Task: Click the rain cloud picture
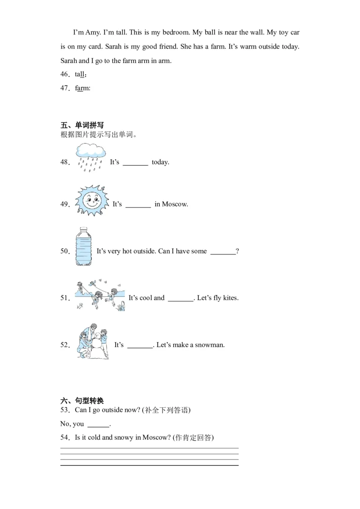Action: coord(90,158)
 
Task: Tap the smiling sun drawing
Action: coord(92,201)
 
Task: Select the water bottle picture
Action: coord(84,246)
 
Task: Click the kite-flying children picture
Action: coord(100,295)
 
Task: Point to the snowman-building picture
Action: coord(93,341)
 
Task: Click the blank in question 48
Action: coord(135,165)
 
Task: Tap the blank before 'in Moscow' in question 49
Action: coord(138,207)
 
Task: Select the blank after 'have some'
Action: coord(223,254)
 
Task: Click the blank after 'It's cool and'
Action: coord(180,301)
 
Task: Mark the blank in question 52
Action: coord(140,348)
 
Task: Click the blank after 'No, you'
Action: coord(99,427)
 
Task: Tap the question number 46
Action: coord(64,74)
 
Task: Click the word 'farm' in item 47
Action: coord(82,88)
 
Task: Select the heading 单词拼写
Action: coord(90,125)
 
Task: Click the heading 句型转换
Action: coord(90,401)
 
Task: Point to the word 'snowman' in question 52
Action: coord(209,345)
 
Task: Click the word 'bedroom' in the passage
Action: coord(176,32)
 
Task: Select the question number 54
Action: coord(64,438)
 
